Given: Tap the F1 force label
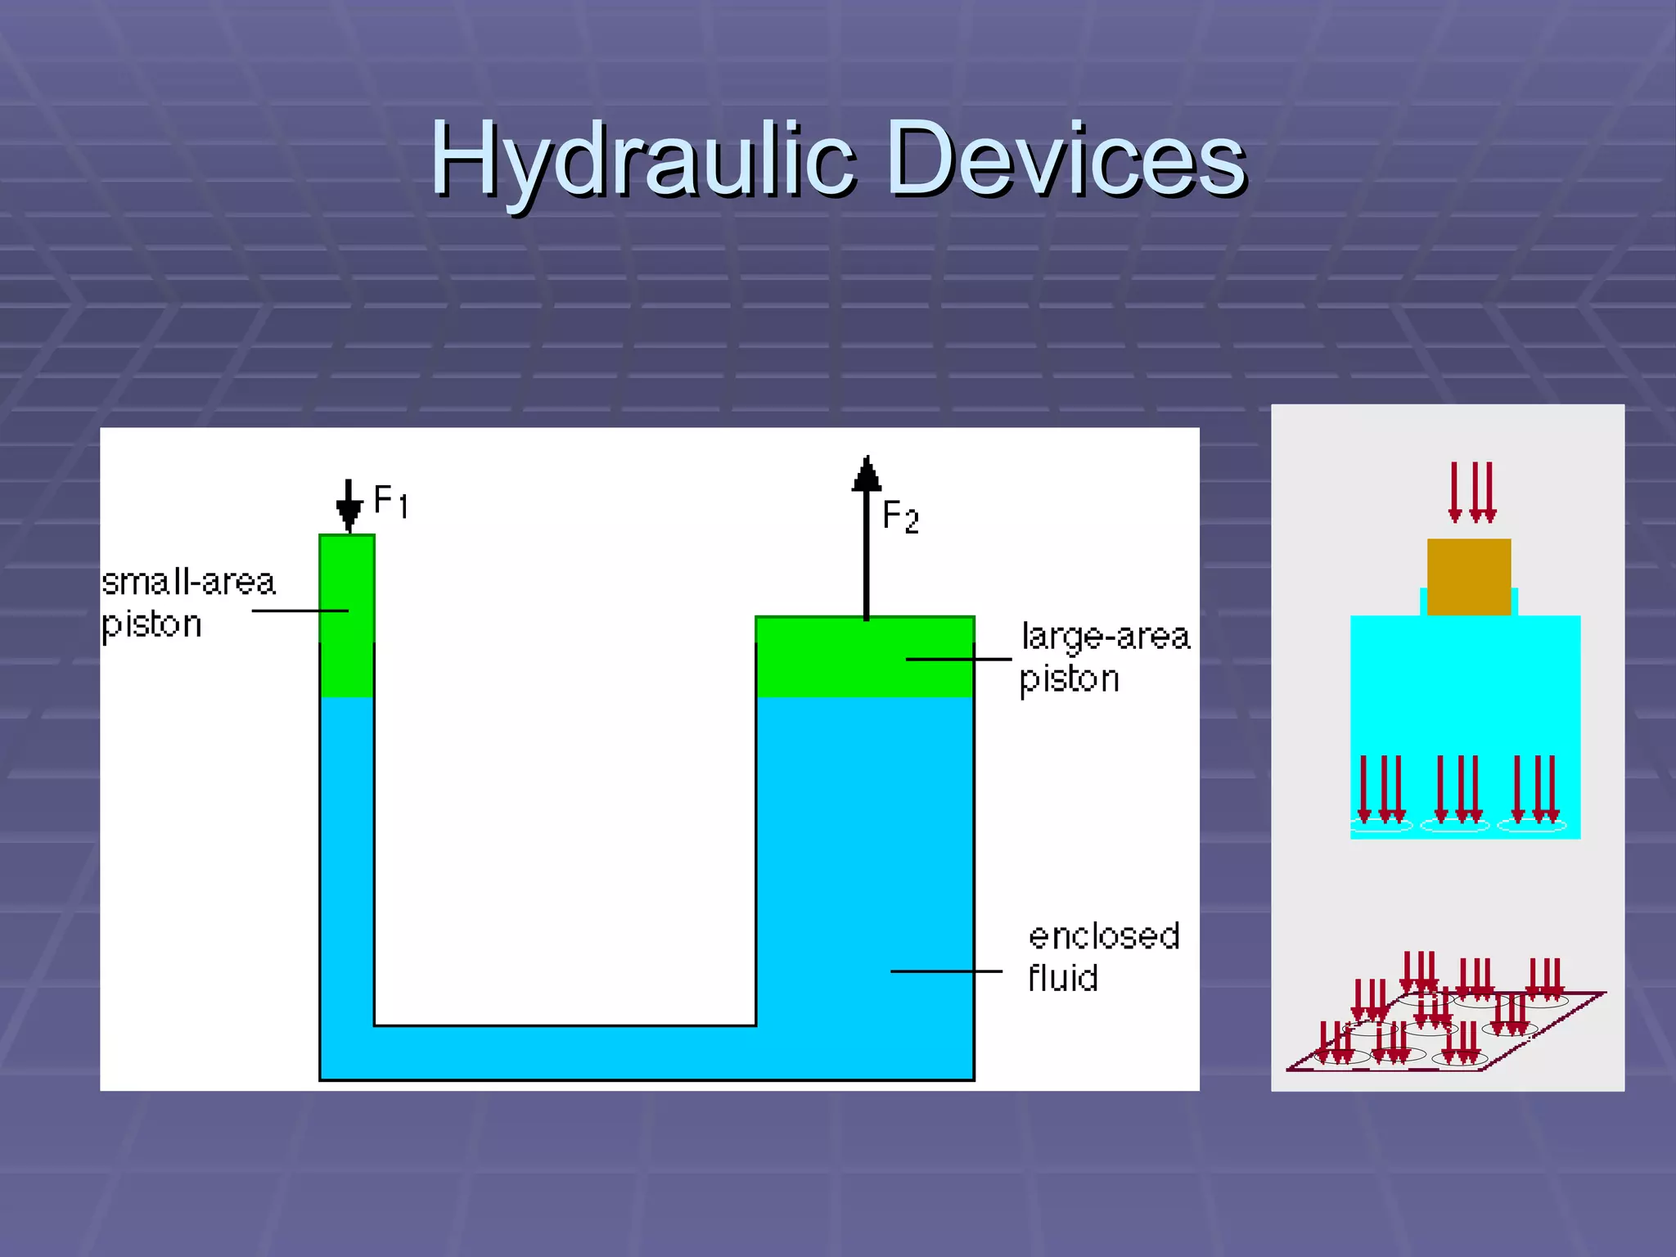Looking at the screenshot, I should [x=390, y=501].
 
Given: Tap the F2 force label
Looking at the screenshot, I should [x=900, y=517].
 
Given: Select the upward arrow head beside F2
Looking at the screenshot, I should [x=867, y=475].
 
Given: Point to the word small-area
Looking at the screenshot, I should [x=189, y=582].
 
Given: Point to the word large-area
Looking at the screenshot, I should [x=1105, y=637].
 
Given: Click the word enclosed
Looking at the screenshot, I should [x=1103, y=936].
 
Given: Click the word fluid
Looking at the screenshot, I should [x=1062, y=978].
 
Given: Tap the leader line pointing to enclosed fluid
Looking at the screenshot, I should [x=946, y=971].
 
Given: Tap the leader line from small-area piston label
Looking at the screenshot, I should [x=300, y=610].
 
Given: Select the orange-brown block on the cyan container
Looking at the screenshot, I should [x=1469, y=576].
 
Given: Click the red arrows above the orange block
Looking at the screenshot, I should [x=1471, y=491].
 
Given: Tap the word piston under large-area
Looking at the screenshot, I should [x=1069, y=679].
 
